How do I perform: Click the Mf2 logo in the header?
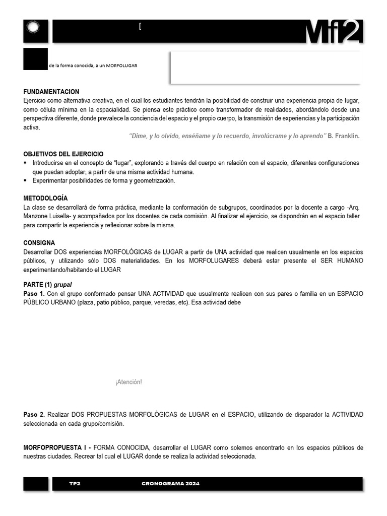point(334,32)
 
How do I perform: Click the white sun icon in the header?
point(36,30)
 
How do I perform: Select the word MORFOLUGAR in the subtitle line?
point(122,66)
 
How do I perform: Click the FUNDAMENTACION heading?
point(51,92)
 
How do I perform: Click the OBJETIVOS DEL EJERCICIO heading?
point(63,154)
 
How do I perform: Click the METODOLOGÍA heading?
point(45,198)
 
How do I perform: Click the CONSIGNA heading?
point(39,242)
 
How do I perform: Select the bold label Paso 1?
point(34,293)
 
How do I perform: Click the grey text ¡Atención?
point(128,382)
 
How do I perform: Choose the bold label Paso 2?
point(34,414)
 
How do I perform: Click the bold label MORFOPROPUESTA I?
point(56,447)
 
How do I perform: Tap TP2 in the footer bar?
point(75,484)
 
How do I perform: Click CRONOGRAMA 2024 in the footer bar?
point(170,484)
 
